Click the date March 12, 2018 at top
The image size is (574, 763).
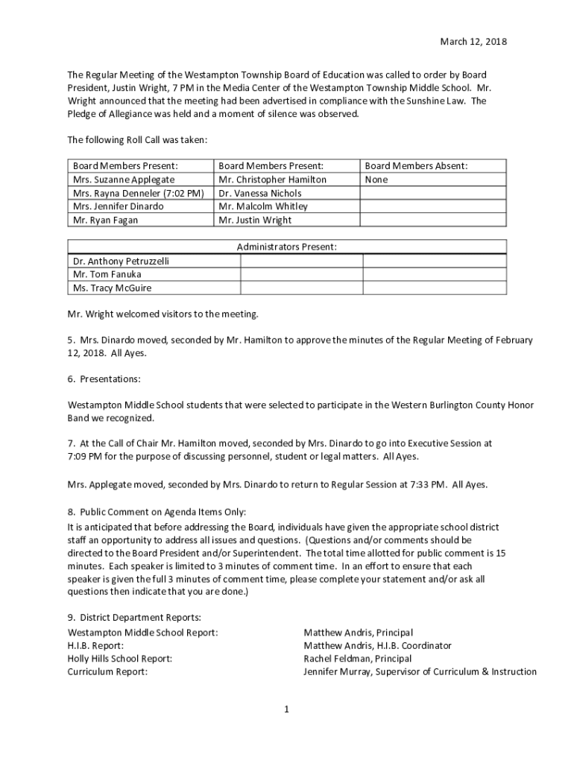(472, 42)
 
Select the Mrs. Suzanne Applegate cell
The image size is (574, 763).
(124, 180)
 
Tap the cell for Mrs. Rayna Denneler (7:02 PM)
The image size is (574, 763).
(138, 193)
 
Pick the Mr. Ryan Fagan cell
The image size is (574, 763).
(105, 220)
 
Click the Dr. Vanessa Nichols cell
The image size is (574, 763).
(260, 193)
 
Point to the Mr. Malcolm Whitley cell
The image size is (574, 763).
(263, 206)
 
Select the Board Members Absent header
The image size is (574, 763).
(417, 166)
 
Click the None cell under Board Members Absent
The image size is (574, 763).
(376, 180)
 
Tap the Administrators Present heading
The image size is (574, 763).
(287, 247)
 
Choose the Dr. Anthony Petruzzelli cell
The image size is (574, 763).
(122, 261)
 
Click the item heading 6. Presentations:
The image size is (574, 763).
(104, 379)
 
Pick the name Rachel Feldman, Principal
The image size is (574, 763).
(357, 659)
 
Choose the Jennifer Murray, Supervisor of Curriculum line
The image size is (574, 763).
(420, 672)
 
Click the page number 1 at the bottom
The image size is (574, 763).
(286, 709)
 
